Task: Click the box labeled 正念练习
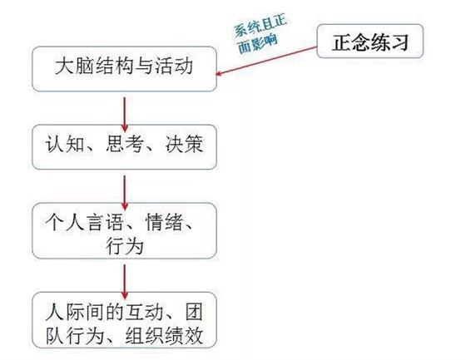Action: (x=370, y=41)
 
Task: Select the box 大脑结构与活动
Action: (x=124, y=69)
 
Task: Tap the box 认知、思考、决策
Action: (x=124, y=147)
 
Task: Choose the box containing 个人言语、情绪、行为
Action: (x=124, y=231)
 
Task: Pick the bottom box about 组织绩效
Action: (x=124, y=320)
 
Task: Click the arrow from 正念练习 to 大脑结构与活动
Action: (x=266, y=61)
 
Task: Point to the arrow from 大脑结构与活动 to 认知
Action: (x=125, y=115)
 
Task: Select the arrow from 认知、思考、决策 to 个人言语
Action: (x=125, y=193)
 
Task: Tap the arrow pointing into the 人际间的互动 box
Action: (x=125, y=282)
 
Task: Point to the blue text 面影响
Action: (x=257, y=44)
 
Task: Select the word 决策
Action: (x=184, y=144)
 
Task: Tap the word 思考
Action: (x=125, y=144)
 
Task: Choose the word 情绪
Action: (x=165, y=222)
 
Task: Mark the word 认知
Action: (x=65, y=144)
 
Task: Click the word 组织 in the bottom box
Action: (x=145, y=336)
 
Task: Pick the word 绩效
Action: (x=184, y=336)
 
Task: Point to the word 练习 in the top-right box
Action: (x=389, y=42)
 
